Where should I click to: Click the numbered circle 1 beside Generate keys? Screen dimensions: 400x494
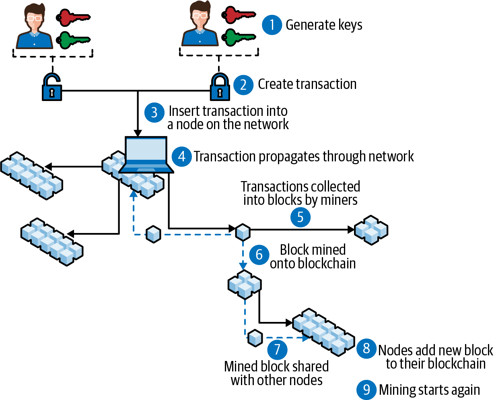pos(272,25)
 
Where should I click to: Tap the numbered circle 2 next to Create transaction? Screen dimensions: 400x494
pos(243,85)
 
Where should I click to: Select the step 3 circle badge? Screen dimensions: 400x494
pos(154,112)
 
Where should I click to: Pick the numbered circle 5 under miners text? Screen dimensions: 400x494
pos(300,217)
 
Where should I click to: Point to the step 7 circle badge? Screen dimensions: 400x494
pos(277,349)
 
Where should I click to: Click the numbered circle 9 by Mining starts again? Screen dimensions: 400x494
pos(366,390)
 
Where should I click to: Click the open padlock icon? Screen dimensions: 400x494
pos(52,87)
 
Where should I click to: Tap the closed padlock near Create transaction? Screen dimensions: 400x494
pos(220,87)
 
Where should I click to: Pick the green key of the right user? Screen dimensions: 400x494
pos(239,37)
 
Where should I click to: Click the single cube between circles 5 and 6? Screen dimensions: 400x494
pos(243,232)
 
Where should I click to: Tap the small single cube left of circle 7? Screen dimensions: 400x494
pos(255,338)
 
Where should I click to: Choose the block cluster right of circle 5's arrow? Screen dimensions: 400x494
pos(371,230)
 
